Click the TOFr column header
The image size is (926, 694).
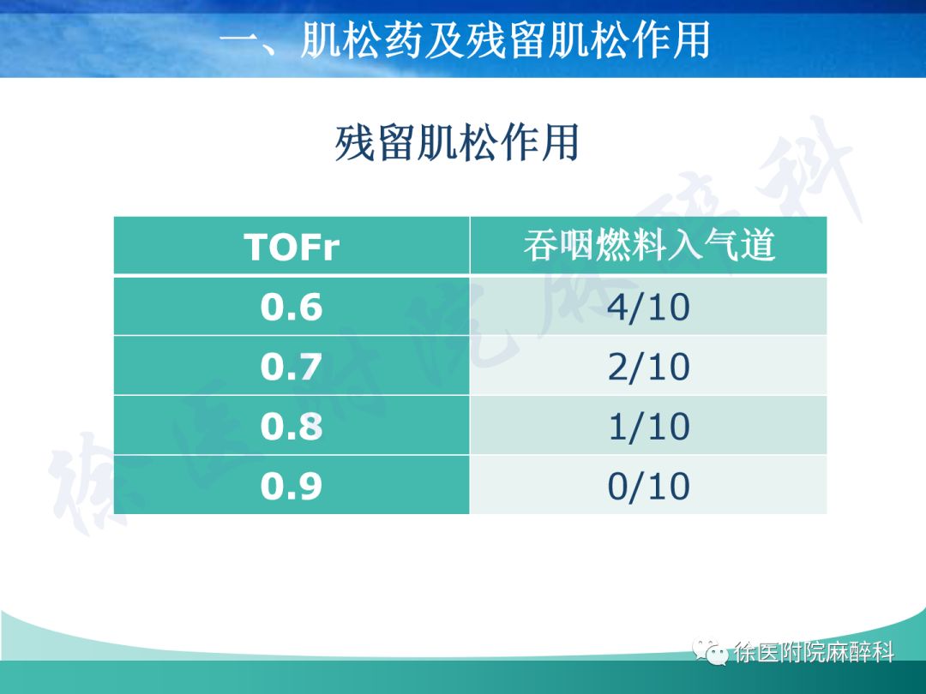click(x=292, y=247)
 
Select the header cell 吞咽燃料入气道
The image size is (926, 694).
click(x=649, y=246)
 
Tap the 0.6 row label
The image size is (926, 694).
click(x=292, y=306)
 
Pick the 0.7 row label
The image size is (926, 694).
click(x=292, y=366)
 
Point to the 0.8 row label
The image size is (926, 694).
click(x=292, y=426)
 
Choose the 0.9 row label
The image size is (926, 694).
click(x=292, y=486)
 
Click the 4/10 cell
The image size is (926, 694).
click(x=649, y=307)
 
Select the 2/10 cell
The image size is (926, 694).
click(x=649, y=367)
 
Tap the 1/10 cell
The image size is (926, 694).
click(x=649, y=426)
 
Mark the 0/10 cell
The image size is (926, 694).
click(x=649, y=486)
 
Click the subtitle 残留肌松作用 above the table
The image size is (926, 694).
click(x=457, y=142)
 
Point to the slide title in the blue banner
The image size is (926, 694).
click(x=464, y=39)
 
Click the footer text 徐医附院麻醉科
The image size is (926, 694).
click(x=814, y=653)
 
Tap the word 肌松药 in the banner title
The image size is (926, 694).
click(x=361, y=39)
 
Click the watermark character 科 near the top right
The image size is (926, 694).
click(x=815, y=176)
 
